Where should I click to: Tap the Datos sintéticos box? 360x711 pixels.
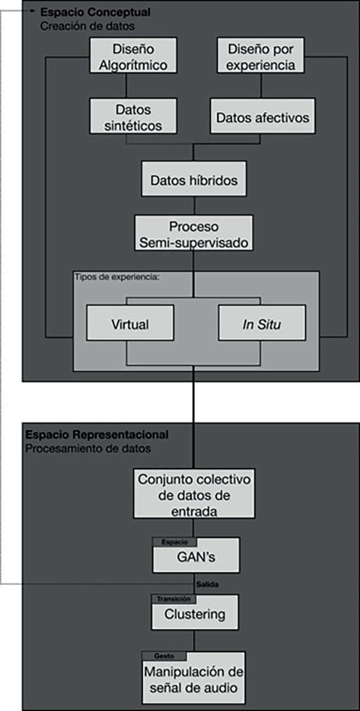pyautogui.click(x=133, y=117)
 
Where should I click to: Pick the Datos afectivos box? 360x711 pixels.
pyautogui.click(x=263, y=117)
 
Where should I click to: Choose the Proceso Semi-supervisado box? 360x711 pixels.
pyautogui.click(x=193, y=234)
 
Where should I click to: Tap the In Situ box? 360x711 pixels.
pyautogui.click(x=262, y=324)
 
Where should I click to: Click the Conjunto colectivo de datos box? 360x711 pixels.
pyautogui.click(x=193, y=494)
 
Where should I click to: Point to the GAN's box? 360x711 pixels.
pyautogui.click(x=196, y=557)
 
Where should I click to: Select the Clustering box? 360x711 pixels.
pyautogui.click(x=194, y=614)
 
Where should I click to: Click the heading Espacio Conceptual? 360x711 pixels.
pyautogui.click(x=88, y=11)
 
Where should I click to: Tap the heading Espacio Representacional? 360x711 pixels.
pyautogui.click(x=97, y=435)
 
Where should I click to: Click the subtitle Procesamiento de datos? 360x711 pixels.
pyautogui.click(x=88, y=449)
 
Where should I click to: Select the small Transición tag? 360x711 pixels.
pyautogui.click(x=174, y=599)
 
